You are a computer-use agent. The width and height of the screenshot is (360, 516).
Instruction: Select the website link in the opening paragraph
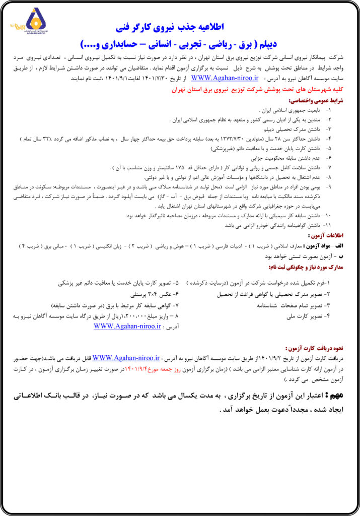(x=225, y=78)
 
